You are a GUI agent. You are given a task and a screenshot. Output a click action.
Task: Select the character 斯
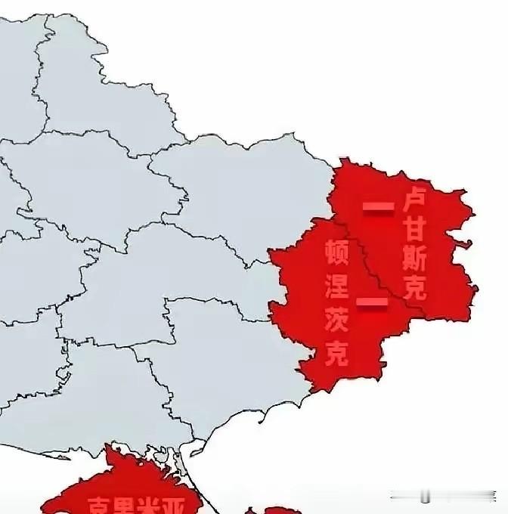pos(415,259)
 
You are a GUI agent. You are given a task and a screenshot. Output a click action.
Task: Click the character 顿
pos(336,252)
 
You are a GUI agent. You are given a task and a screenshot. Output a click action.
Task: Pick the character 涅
pos(336,285)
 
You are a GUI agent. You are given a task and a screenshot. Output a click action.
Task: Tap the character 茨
pos(336,318)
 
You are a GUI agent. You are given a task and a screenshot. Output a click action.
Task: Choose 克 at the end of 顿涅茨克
pos(336,351)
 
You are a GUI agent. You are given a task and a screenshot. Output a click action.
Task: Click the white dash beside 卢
pos(378,206)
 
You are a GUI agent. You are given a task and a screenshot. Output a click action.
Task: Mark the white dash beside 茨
pos(371,303)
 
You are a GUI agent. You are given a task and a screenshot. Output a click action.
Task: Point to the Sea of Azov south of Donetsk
pos(317,438)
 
